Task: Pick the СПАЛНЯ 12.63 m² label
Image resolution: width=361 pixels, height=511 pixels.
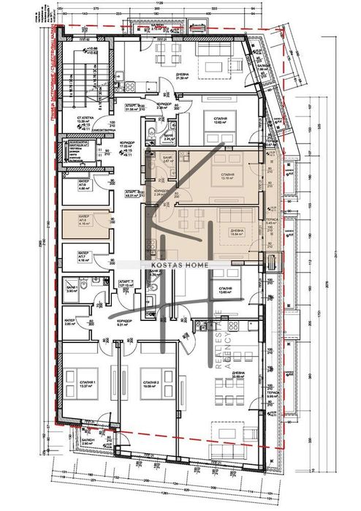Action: point(218,121)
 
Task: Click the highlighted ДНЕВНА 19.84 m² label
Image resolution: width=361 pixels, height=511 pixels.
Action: point(237,232)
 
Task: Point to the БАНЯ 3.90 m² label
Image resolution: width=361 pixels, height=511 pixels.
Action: point(71,289)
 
